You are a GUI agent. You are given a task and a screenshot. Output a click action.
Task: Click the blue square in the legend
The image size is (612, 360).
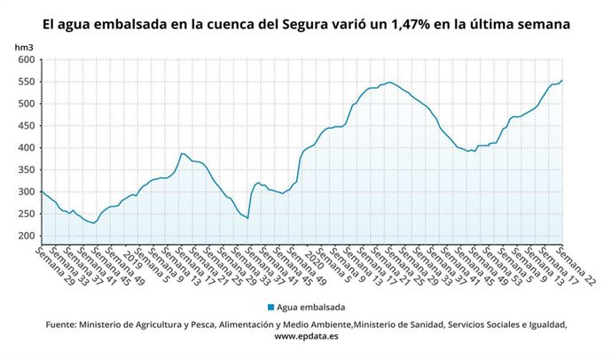pyautogui.click(x=270, y=308)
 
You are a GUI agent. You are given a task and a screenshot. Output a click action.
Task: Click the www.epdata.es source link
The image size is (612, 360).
pyautogui.click(x=307, y=338)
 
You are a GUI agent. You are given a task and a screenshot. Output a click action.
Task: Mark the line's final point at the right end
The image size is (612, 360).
pyautogui.click(x=562, y=81)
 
